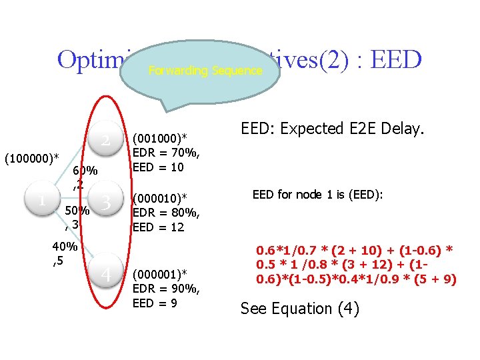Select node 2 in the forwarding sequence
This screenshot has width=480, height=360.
click(105, 141)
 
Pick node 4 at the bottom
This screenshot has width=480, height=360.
click(105, 274)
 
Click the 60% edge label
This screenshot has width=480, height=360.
click(85, 171)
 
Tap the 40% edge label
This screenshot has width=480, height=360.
click(65, 247)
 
